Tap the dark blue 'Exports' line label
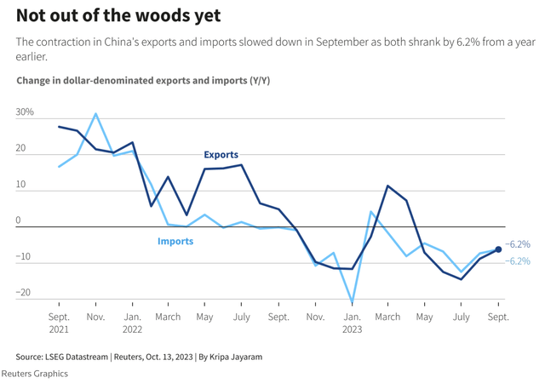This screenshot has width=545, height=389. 221,155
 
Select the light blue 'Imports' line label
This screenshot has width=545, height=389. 175,241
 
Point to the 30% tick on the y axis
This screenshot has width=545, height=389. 25,112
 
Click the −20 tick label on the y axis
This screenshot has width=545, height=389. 23,292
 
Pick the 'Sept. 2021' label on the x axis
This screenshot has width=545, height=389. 59,323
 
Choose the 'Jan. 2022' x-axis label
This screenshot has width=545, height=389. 132,323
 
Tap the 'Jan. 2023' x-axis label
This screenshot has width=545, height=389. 352,323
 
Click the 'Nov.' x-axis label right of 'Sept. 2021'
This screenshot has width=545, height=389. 95,317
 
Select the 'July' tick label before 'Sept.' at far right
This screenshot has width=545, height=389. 461,317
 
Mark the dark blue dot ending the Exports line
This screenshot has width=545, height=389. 498,249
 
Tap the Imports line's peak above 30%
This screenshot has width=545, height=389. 95,113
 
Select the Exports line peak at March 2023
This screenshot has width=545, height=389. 387,186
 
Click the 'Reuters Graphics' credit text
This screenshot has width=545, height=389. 35,374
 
